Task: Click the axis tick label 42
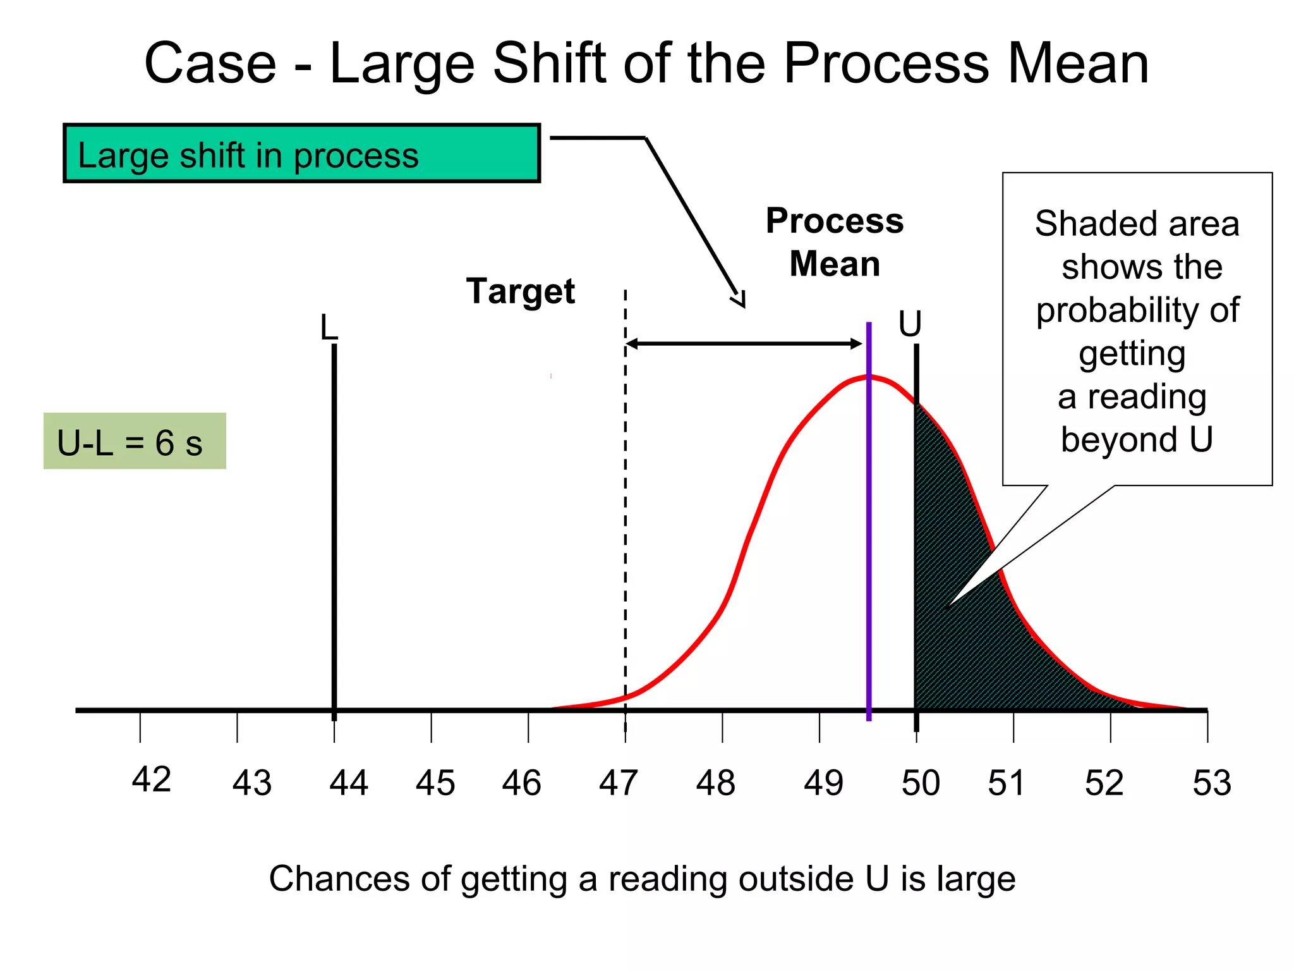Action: click(151, 779)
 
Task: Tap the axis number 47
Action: click(618, 783)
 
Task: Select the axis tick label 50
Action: click(921, 783)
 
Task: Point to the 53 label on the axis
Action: click(1211, 783)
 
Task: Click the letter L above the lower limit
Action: click(329, 327)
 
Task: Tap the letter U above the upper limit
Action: click(910, 324)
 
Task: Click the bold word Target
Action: click(521, 291)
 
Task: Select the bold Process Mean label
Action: click(834, 242)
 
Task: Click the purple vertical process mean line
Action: click(869, 537)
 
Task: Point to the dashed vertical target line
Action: click(626, 506)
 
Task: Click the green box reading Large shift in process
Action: click(302, 154)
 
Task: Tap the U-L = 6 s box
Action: click(135, 441)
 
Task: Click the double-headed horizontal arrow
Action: click(744, 344)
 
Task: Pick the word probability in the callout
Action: click(1137, 310)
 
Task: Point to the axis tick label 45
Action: click(435, 783)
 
